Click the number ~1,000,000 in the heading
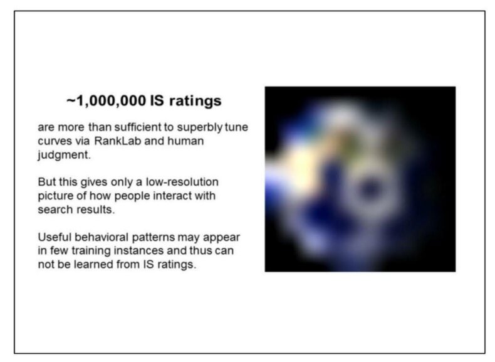click(106, 101)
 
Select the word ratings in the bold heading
click(195, 102)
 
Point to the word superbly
click(199, 128)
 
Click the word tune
click(236, 127)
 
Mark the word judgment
click(64, 155)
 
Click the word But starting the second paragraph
click(46, 182)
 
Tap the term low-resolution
click(182, 182)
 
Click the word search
click(55, 210)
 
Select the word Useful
click(55, 237)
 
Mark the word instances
click(138, 251)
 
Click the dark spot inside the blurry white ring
click(368, 189)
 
